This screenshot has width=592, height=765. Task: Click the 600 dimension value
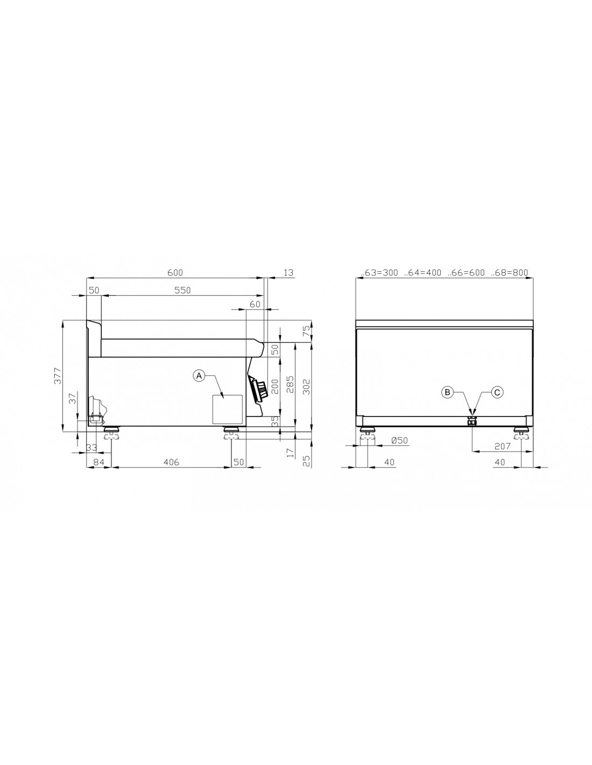pyautogui.click(x=175, y=273)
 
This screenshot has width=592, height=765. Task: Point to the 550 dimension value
pyautogui.click(x=182, y=291)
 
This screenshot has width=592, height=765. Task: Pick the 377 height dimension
pyautogui.click(x=58, y=376)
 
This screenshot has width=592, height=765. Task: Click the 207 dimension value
pyautogui.click(x=502, y=447)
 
